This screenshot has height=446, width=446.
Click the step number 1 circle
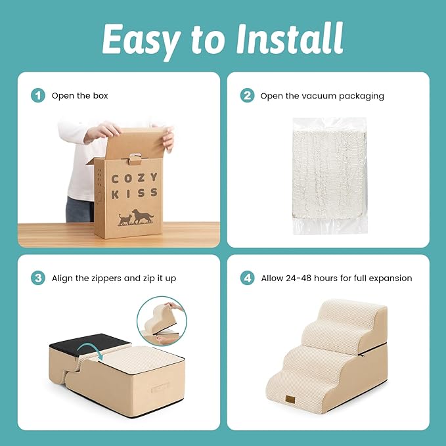coord(39,96)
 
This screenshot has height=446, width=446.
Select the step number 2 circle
coord(247,96)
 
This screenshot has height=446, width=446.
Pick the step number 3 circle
coord(39,278)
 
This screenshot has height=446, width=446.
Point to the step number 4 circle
coord(247,278)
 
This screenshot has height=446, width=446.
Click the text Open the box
coord(80,96)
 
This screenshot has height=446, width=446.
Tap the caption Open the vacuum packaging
coord(322,96)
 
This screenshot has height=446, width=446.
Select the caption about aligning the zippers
coord(114,278)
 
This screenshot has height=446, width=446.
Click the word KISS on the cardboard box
coord(134,193)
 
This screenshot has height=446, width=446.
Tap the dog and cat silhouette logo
coord(136,217)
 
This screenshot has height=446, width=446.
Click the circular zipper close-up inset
coord(162,321)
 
